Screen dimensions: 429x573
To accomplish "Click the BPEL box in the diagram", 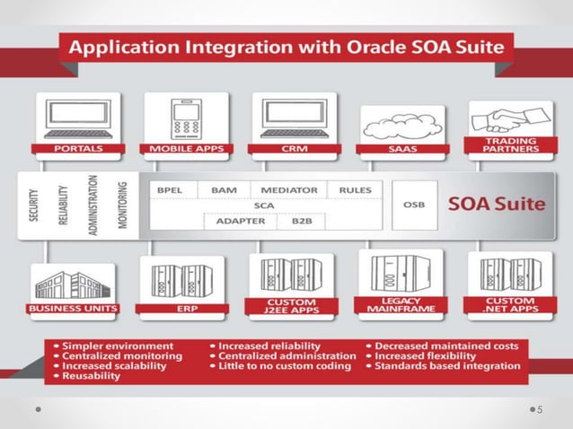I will [170, 190].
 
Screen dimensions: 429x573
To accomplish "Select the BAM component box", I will [224, 190].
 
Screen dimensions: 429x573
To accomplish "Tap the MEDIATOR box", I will [289, 190].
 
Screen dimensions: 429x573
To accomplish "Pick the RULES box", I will [356, 190].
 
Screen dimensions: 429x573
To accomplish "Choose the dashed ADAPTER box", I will [236, 221].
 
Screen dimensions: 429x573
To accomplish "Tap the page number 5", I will [540, 410].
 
